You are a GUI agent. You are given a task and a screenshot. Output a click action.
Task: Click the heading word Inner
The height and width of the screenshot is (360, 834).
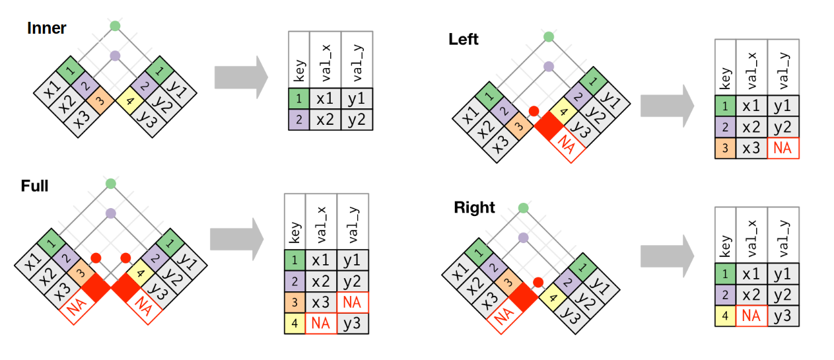(x=47, y=28)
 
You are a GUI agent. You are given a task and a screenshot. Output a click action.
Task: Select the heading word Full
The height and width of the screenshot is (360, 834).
(x=34, y=186)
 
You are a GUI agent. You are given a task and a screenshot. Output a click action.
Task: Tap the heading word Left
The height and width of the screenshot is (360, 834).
(x=464, y=39)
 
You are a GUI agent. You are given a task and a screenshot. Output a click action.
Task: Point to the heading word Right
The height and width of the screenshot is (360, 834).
(x=474, y=207)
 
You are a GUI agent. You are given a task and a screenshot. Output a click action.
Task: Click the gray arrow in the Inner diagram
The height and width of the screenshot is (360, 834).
(x=240, y=77)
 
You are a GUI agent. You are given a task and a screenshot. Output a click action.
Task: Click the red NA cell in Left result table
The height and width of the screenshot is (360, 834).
(x=782, y=149)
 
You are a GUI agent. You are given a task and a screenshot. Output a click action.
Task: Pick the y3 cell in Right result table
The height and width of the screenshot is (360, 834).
(x=782, y=316)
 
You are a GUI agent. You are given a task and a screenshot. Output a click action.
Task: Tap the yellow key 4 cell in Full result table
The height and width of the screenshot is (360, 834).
(x=295, y=324)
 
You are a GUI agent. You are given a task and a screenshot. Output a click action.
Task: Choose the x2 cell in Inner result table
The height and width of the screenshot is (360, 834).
(x=325, y=120)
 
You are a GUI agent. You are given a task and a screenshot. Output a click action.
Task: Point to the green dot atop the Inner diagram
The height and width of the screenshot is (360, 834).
(x=115, y=26)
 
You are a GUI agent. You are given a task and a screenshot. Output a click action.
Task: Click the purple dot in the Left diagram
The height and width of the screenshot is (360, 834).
(x=548, y=66)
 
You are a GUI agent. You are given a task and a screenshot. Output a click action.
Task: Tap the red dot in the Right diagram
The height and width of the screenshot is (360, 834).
(x=538, y=283)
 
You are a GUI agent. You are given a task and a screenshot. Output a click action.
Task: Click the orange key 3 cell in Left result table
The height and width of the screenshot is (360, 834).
(x=725, y=149)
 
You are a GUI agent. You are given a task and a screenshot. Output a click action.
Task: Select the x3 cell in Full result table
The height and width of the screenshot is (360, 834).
(x=320, y=303)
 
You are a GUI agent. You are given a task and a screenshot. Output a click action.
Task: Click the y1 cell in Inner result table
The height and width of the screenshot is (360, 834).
(x=357, y=98)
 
